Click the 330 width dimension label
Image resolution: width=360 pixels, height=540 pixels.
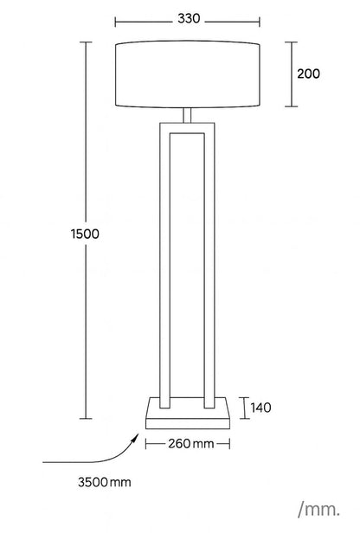(x=189, y=18)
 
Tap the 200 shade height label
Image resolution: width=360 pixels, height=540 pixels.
(x=308, y=74)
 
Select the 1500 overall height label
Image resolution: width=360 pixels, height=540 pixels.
(x=85, y=235)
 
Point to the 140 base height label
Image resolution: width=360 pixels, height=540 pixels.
(x=260, y=408)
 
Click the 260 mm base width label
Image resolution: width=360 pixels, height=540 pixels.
(x=191, y=444)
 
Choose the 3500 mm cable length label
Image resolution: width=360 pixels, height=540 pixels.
(x=105, y=482)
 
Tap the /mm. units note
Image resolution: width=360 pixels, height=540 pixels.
(x=318, y=509)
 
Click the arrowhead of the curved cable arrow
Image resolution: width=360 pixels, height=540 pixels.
(x=136, y=437)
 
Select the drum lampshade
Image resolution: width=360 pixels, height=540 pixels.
(x=187, y=74)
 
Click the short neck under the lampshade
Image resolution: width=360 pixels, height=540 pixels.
(x=187, y=115)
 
